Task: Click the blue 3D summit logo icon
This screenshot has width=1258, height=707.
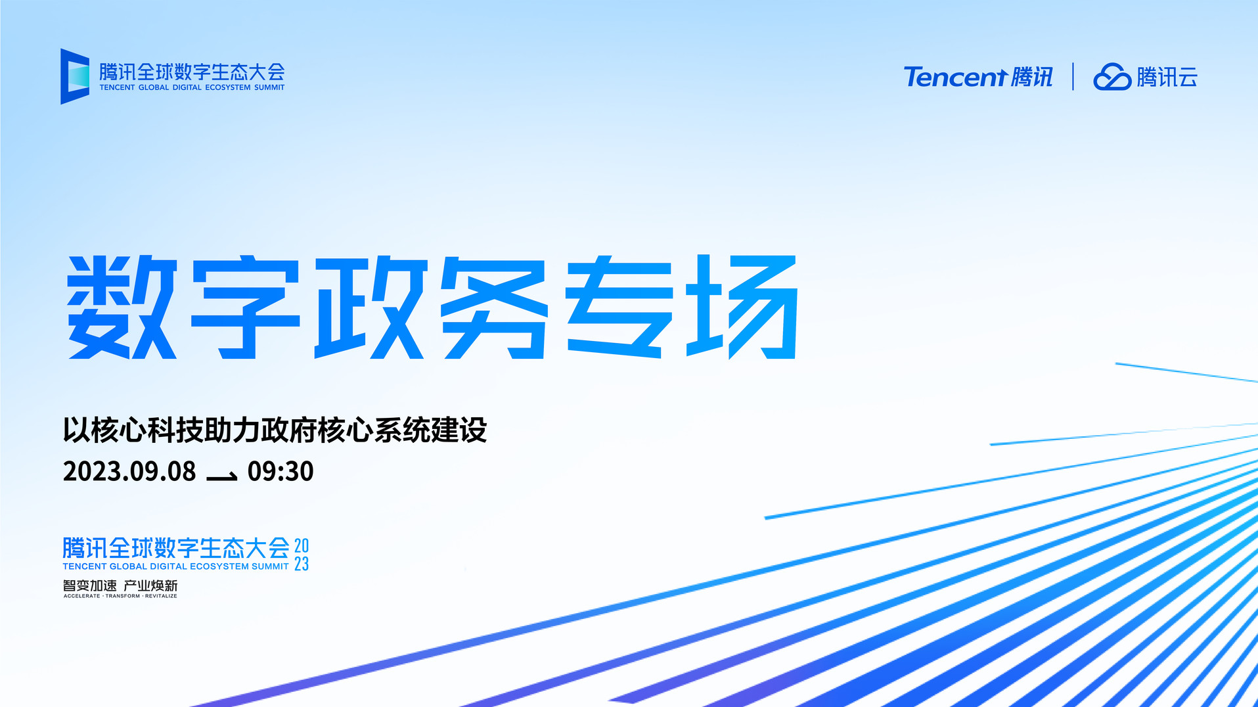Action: [74, 76]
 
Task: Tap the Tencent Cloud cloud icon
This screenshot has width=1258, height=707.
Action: [1112, 77]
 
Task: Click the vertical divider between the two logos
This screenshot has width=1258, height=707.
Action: [1073, 77]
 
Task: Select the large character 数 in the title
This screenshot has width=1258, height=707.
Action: [123, 307]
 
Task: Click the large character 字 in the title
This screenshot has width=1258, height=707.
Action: [246, 307]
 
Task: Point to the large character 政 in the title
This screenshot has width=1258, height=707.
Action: [371, 307]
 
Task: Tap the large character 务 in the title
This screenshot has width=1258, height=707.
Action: [494, 307]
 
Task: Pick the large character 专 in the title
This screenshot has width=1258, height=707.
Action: [619, 307]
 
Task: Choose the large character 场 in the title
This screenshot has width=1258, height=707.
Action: [743, 307]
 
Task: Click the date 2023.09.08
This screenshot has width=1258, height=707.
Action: [129, 471]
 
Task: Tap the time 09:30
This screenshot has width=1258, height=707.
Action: [281, 471]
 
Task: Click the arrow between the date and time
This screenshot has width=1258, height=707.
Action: [222, 476]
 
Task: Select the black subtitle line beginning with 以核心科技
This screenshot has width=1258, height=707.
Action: [275, 430]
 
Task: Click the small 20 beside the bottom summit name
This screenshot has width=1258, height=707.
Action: [302, 545]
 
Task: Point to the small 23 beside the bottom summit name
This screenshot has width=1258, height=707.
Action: [302, 564]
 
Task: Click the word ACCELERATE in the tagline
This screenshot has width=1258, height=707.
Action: [82, 596]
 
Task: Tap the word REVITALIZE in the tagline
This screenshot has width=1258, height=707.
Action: [161, 596]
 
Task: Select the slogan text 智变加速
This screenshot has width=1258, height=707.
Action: [90, 585]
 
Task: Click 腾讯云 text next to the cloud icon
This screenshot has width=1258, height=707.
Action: [1167, 77]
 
